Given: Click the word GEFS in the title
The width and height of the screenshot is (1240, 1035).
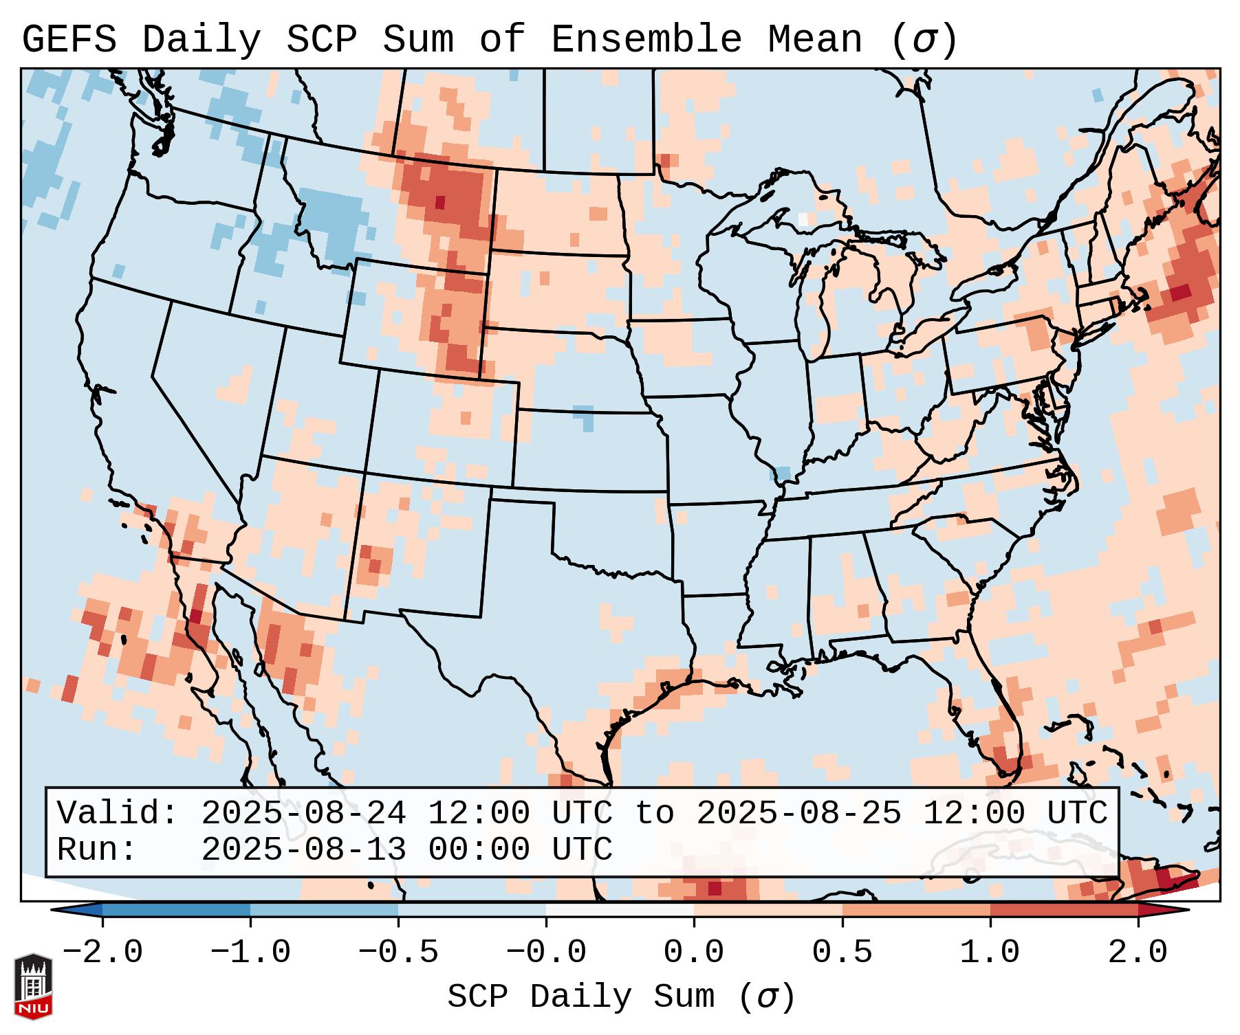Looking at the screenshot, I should coord(69,40).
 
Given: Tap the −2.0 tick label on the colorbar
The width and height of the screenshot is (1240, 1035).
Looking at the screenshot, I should coord(102,953).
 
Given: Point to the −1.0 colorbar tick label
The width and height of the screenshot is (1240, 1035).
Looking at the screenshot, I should coord(250,953).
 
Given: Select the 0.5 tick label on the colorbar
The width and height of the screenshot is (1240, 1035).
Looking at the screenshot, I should coord(842,953).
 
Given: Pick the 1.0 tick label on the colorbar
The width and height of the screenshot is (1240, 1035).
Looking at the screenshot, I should coord(990,953).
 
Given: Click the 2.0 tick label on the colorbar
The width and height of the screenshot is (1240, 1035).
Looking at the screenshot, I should coord(1138,953).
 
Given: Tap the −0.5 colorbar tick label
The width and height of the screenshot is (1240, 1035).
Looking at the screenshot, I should coord(398,953).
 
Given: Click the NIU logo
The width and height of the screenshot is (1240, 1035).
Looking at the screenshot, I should coord(33,986).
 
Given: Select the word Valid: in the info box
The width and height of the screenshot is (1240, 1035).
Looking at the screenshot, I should coord(118,814).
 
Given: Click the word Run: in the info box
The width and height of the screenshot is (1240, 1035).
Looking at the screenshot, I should coord(97,850).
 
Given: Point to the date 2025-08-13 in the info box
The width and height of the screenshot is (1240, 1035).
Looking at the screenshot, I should coord(303,850).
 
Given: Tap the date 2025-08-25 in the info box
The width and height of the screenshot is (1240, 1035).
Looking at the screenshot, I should coord(799,814).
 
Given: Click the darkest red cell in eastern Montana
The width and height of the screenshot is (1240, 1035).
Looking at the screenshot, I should coord(440,202).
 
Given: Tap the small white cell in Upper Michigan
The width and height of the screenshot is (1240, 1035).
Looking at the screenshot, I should coord(803,219).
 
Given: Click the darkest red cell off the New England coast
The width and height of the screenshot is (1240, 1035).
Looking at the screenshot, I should coord(1181,291).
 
